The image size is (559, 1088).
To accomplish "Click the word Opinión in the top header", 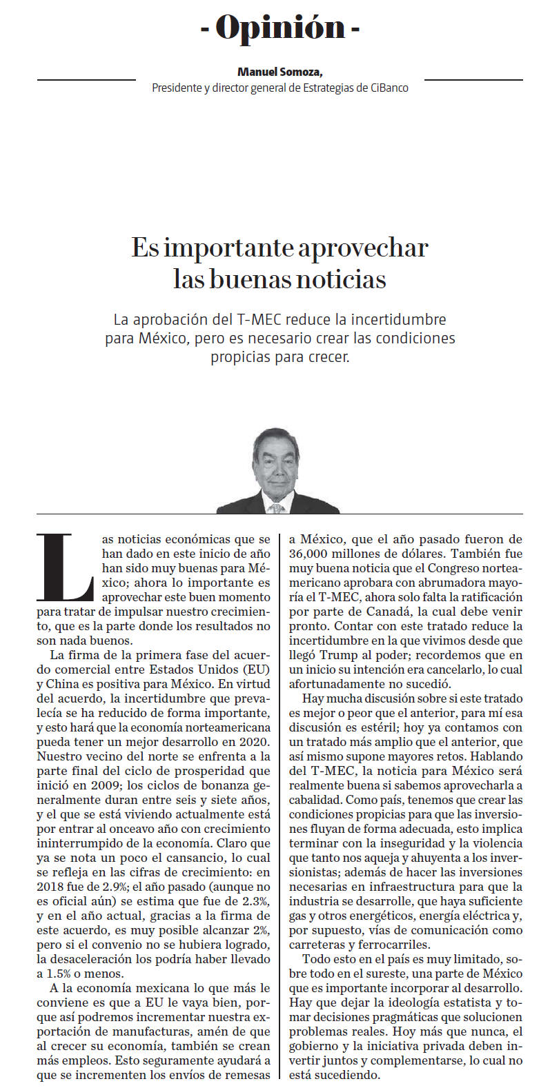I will pos(279,28).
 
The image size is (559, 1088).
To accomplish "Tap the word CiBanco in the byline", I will pos(389,88).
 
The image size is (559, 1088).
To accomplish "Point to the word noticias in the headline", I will pos(340,279).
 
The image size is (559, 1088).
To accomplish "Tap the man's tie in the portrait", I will pos(276,508).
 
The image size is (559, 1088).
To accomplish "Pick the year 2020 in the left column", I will pos(255,741).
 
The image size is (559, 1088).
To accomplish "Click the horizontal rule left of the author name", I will pos(86,80).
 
